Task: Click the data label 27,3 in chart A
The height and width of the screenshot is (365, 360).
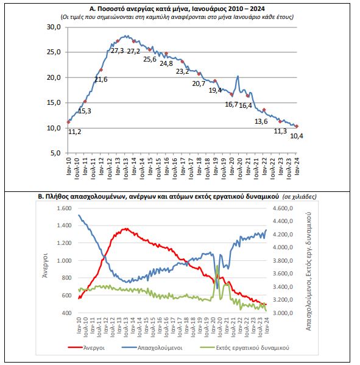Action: click(x=117, y=51)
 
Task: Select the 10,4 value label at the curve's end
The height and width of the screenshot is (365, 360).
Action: click(x=297, y=136)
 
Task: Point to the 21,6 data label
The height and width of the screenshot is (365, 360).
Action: click(x=101, y=79)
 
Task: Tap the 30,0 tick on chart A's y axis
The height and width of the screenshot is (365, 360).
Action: click(x=54, y=27)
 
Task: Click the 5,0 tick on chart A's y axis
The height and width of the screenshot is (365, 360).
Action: click(x=55, y=153)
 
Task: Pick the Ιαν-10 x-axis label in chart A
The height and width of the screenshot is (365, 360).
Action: click(x=68, y=166)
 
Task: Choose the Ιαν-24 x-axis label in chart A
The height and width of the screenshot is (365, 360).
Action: click(x=297, y=166)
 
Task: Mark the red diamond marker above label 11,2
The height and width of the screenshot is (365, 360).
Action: click(x=68, y=122)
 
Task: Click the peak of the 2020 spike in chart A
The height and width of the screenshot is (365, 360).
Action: click(x=238, y=76)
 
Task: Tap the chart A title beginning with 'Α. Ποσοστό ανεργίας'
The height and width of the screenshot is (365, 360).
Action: click(x=177, y=9)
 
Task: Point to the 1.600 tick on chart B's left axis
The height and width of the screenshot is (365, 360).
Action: click(x=64, y=208)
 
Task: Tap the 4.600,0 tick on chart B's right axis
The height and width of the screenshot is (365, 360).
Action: click(x=283, y=208)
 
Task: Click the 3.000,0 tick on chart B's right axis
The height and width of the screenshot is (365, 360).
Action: click(x=283, y=313)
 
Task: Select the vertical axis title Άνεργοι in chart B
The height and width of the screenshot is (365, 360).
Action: click(x=45, y=265)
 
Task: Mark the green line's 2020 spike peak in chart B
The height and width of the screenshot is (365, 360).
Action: click(x=217, y=266)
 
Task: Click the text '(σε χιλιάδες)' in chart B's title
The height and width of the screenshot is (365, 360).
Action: click(x=299, y=197)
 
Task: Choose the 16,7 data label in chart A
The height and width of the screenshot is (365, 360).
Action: click(x=231, y=104)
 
